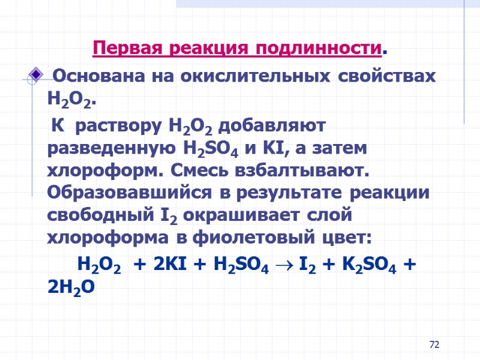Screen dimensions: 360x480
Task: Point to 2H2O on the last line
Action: pos(70,287)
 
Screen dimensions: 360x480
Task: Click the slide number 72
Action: pos(435,345)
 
